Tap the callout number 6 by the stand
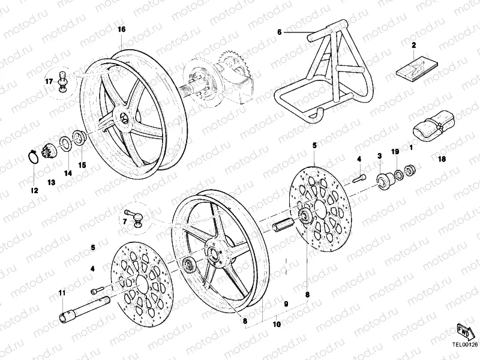(279, 32)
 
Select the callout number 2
(413, 45)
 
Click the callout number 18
(442, 160)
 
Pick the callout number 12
(34, 190)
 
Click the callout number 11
(61, 293)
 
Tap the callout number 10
(277, 325)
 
